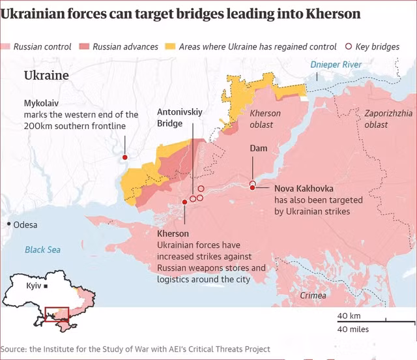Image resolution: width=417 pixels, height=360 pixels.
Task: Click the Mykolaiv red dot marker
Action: click(x=124, y=157)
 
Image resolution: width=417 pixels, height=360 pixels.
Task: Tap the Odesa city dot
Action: click(x=8, y=224)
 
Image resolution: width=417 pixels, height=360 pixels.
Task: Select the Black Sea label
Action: click(x=42, y=250)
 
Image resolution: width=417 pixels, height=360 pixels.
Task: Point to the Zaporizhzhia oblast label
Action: click(x=388, y=118)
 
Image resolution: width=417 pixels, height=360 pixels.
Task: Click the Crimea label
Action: click(x=313, y=295)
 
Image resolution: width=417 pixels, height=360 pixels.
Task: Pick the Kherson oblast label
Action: click(x=265, y=119)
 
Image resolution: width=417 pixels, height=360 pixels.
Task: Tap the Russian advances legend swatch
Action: click(x=85, y=46)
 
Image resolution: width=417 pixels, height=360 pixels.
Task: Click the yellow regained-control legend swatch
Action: click(x=169, y=46)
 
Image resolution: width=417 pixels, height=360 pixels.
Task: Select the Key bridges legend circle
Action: click(x=349, y=46)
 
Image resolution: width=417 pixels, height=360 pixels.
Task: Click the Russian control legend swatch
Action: click(x=5, y=46)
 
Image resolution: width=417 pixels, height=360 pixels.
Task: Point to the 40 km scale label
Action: click(x=349, y=316)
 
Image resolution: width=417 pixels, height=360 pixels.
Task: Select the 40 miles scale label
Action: click(x=353, y=329)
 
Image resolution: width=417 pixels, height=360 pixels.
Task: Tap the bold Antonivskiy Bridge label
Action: click(x=180, y=117)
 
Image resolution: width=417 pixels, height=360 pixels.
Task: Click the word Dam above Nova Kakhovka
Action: click(x=259, y=149)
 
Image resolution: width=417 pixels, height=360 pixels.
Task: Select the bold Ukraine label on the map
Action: click(x=46, y=76)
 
